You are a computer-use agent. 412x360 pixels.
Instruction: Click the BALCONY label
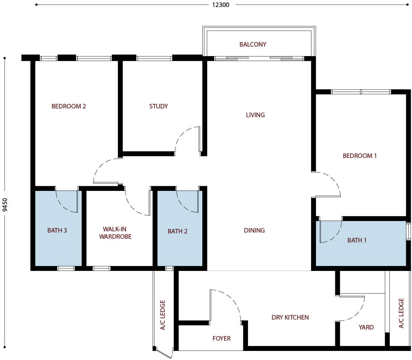click(x=253, y=44)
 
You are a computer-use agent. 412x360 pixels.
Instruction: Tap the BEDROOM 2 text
click(x=69, y=106)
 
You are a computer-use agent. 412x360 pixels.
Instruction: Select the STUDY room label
click(x=159, y=106)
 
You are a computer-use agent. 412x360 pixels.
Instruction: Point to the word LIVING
click(x=255, y=115)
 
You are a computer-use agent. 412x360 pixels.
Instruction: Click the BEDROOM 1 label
click(x=360, y=156)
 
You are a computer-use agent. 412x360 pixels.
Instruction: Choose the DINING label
click(x=254, y=231)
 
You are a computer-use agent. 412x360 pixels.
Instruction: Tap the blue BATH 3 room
click(x=57, y=239)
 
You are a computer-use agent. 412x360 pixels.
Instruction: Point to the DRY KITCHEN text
click(x=290, y=318)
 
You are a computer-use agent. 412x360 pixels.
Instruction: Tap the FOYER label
click(x=222, y=339)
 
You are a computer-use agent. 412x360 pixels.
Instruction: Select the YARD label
click(x=366, y=327)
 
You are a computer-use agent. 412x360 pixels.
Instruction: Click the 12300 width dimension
click(x=219, y=5)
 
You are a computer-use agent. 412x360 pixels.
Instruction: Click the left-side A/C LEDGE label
click(x=163, y=314)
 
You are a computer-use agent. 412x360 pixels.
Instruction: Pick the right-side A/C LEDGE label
click(x=401, y=313)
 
